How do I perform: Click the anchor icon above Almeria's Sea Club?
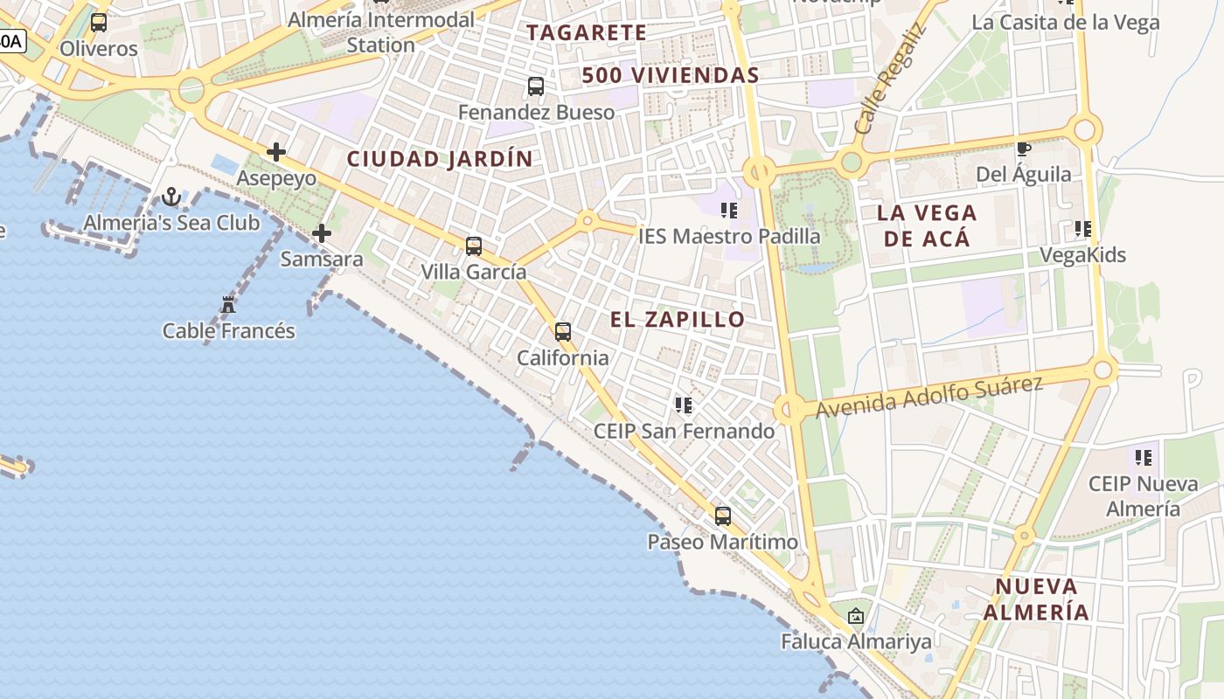click(171, 197)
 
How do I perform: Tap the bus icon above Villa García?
click(474, 246)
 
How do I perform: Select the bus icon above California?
click(563, 332)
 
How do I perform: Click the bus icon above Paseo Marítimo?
click(723, 516)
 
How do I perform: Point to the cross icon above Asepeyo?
click(276, 152)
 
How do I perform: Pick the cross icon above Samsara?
click(322, 233)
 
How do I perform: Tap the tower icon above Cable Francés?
click(229, 305)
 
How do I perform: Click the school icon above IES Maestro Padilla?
click(729, 211)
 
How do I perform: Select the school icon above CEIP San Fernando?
click(684, 405)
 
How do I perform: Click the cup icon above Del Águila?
click(1023, 149)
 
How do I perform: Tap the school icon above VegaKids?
click(1083, 229)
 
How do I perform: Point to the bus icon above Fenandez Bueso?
click(536, 87)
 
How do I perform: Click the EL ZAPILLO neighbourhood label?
click(678, 320)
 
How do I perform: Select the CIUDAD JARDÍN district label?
click(440, 159)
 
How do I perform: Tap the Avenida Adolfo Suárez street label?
click(929, 396)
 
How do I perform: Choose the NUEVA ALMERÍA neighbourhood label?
click(1037, 599)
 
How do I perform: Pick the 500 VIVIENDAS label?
click(671, 76)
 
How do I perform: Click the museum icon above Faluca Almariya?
click(856, 616)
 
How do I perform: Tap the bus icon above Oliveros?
click(99, 23)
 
